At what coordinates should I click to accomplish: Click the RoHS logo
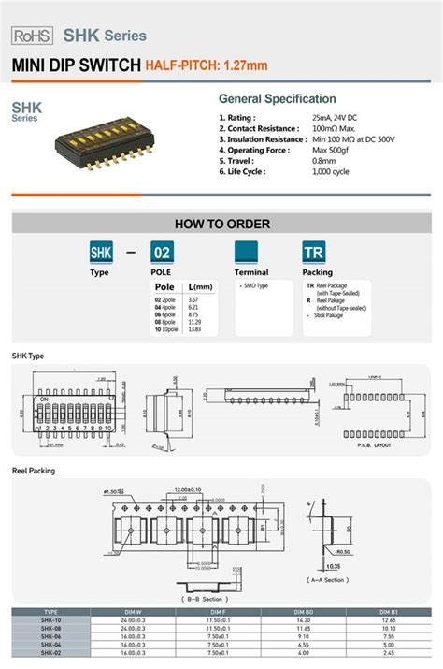(33, 35)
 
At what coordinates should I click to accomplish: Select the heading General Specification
(277, 99)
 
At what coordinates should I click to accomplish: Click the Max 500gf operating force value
(333, 150)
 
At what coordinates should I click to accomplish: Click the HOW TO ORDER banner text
(222, 224)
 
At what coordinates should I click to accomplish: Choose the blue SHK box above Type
(100, 253)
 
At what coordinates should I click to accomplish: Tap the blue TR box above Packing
(314, 253)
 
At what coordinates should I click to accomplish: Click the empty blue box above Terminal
(247, 253)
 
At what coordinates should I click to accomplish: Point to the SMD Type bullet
(254, 284)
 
